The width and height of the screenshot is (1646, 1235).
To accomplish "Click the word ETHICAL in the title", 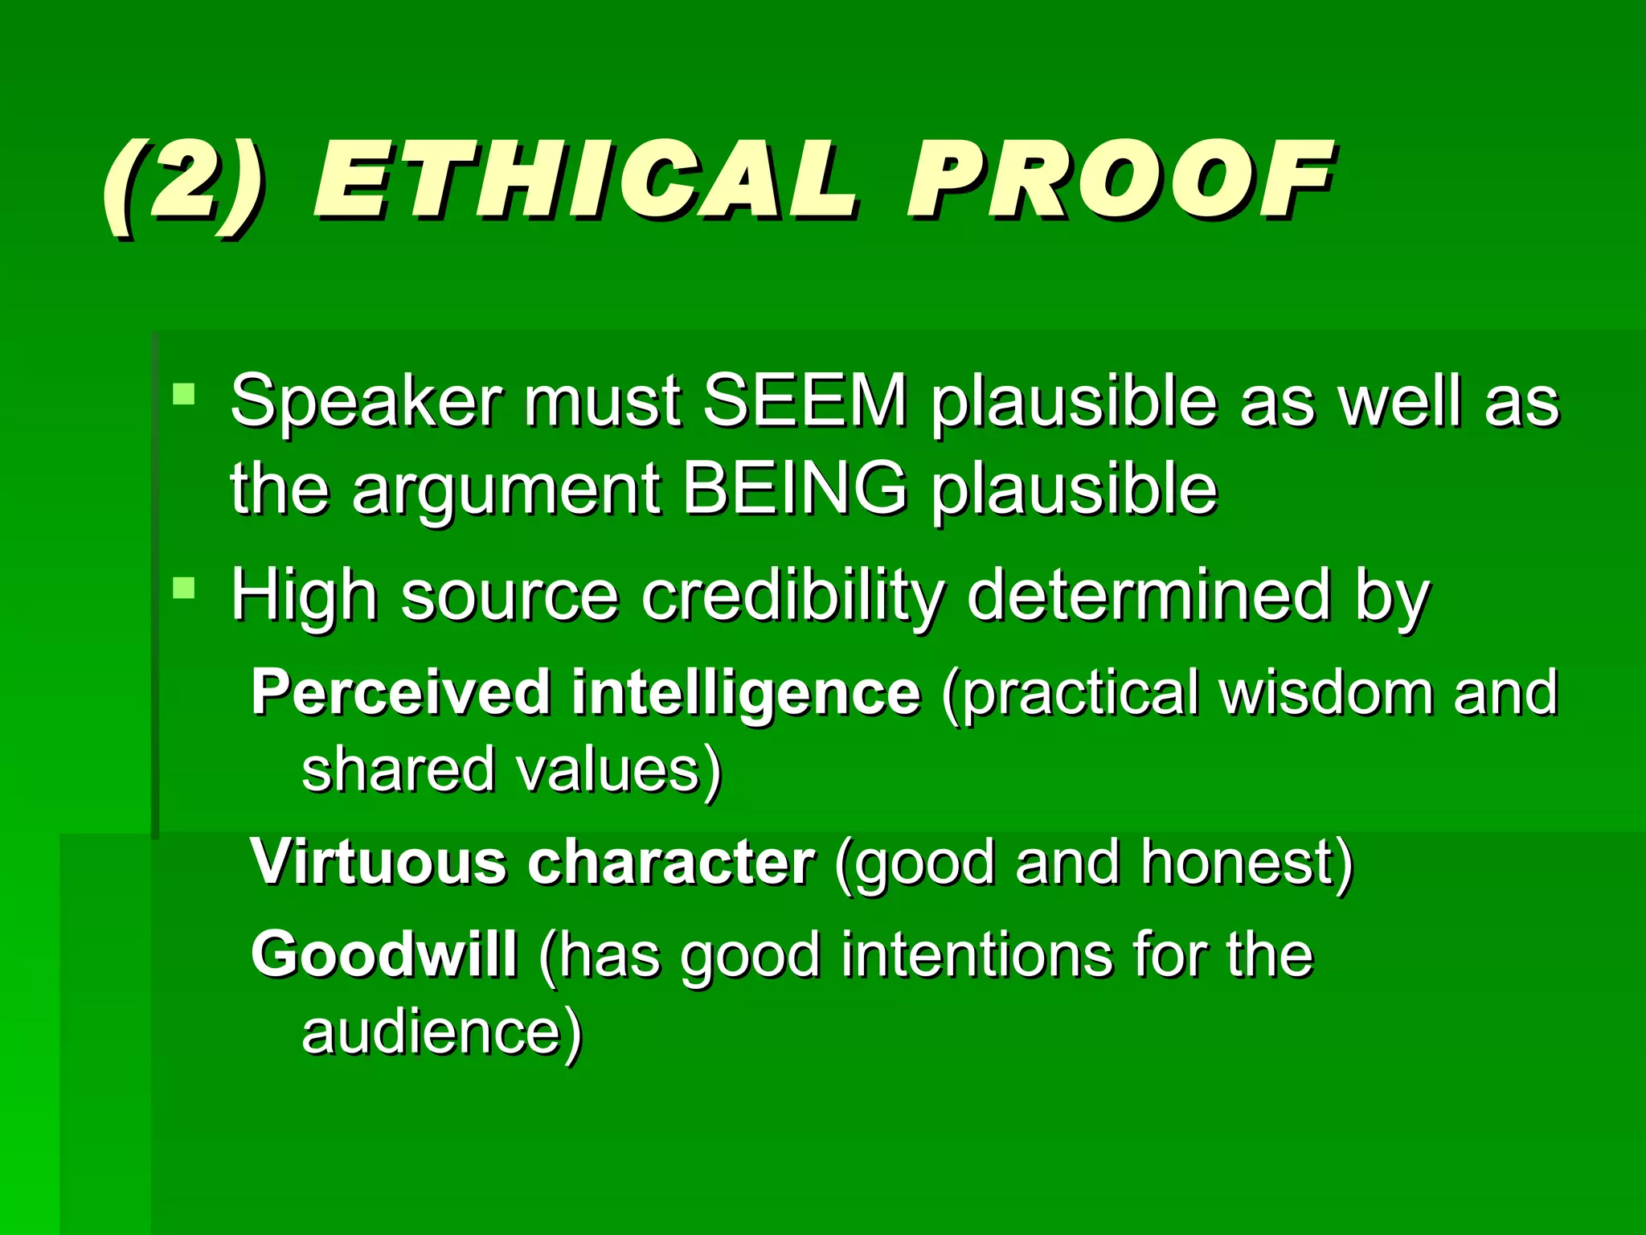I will pos(585,181).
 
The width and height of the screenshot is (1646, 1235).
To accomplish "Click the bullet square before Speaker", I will pos(183,394).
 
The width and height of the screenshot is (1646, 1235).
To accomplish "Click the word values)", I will pos(619,770).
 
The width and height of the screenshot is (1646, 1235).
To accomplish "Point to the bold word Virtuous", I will pos(379,863).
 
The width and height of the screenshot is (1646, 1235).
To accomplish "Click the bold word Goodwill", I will pos(384,955).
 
